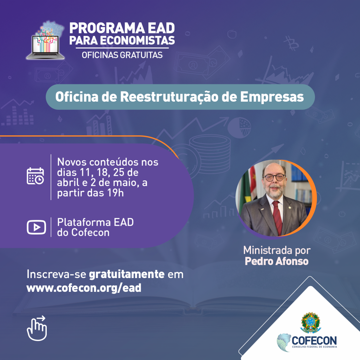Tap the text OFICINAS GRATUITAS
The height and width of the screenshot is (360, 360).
pyautogui.click(x=122, y=55)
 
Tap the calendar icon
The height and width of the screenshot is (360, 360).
pyautogui.click(x=36, y=176)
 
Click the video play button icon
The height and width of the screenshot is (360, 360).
pyautogui.click(x=36, y=227)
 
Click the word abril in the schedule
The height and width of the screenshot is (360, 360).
pyautogui.click(x=68, y=183)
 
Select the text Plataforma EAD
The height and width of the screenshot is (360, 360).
pyautogui.click(x=95, y=223)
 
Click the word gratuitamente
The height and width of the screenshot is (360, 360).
pyautogui.click(x=127, y=274)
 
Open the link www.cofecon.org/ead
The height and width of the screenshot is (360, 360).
pyautogui.click(x=84, y=288)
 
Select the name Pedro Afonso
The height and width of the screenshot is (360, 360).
pyautogui.click(x=276, y=261)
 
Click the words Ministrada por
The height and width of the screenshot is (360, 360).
pyautogui.click(x=277, y=251)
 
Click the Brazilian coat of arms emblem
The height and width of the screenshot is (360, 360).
pyautogui.click(x=311, y=322)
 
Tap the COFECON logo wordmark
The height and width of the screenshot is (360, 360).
pyautogui.click(x=314, y=340)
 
